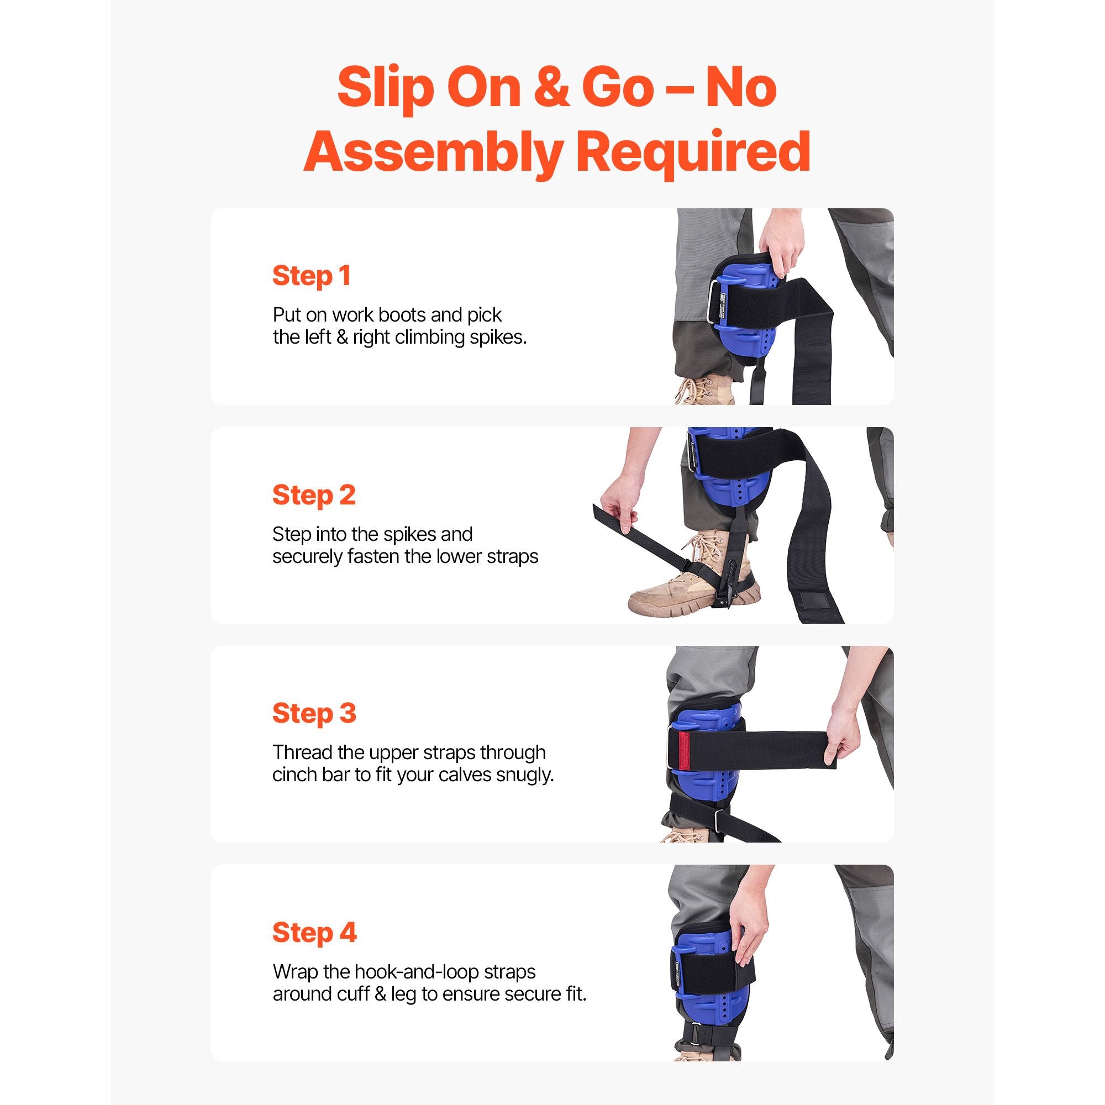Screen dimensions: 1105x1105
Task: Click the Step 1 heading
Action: (312, 276)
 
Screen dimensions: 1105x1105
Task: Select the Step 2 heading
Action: (314, 495)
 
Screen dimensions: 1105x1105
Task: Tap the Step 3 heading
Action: (314, 714)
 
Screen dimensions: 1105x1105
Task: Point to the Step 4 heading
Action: (314, 933)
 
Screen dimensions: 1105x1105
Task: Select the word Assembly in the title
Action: (432, 152)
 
